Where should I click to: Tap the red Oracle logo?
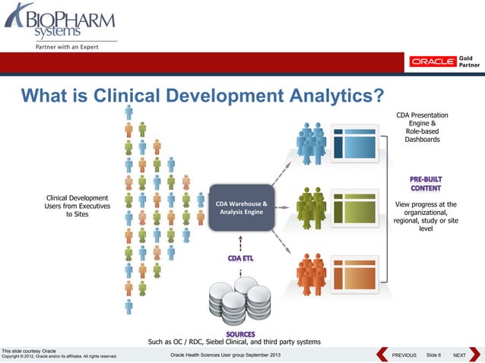pos(433,62)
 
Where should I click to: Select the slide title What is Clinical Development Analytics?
pos(201,95)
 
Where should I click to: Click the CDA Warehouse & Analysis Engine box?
pos(240,207)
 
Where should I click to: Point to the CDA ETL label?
pos(241,259)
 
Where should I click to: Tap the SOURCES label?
pos(240,333)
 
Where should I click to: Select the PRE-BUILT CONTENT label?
pos(426,184)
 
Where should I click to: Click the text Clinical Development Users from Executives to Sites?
pos(78,206)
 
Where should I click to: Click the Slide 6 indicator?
pos(433,355)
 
